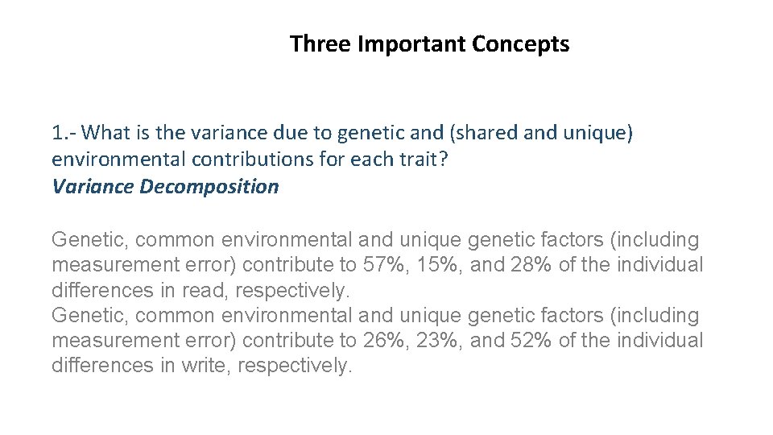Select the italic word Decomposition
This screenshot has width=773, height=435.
209,186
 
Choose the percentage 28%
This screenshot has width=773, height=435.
530,265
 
